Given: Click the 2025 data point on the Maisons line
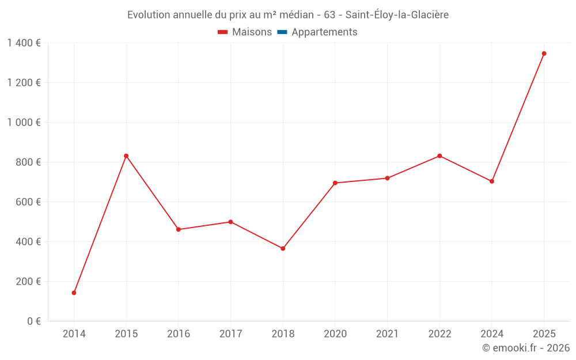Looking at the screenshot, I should tap(544, 54).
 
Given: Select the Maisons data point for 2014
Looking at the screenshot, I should tap(74, 293).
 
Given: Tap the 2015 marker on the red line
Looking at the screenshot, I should tap(126, 156).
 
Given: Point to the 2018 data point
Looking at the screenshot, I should tap(283, 248).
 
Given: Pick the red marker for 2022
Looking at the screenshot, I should tap(439, 156).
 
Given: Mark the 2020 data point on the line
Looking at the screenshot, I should tap(335, 183).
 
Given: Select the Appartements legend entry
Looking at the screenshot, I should tap(324, 32).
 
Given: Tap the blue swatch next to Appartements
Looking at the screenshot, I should tap(282, 32).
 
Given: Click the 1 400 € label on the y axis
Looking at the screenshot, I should tap(24, 43).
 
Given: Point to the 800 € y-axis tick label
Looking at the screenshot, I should tap(28, 162).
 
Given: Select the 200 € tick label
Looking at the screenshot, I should tap(28, 282).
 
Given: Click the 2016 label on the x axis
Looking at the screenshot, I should tap(179, 334).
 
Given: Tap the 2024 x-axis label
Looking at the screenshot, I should tap(492, 334).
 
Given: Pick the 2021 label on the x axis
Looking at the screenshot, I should tap(387, 334).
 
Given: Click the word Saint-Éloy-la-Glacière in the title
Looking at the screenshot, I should tap(397, 14).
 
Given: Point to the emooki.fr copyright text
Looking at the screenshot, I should tap(526, 348).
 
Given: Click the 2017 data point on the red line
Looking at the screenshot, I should tap(230, 222).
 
